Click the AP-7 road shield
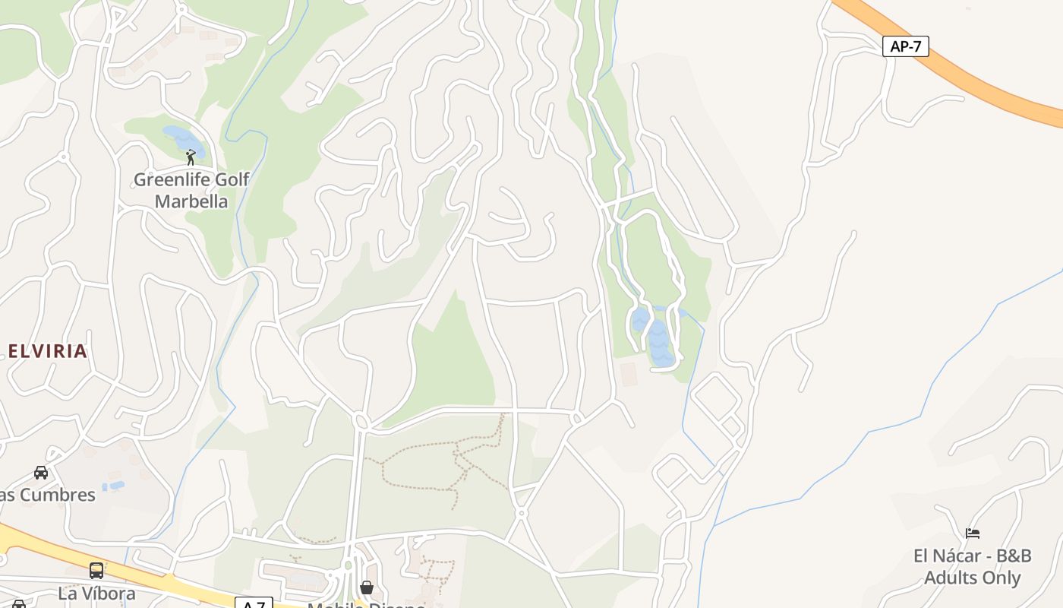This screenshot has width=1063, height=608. click(x=906, y=46)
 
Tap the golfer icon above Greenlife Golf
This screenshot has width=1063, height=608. click(x=191, y=157)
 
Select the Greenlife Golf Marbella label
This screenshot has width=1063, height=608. click(x=191, y=191)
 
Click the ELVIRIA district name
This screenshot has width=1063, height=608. click(x=48, y=351)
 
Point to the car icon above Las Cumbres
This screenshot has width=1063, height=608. click(x=41, y=473)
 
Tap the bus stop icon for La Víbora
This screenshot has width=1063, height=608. click(x=96, y=570)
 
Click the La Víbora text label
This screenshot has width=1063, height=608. click(x=96, y=593)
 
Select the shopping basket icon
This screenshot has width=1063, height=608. click(x=367, y=587)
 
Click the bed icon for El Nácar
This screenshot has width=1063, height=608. click(x=973, y=534)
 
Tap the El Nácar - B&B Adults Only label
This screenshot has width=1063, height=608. click(x=973, y=567)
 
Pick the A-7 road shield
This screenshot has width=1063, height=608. click(x=254, y=604)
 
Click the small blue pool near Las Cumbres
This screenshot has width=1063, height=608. click(x=116, y=485)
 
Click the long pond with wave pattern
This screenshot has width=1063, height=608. click(x=659, y=346)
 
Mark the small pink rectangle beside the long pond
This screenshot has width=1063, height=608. click(x=629, y=373)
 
